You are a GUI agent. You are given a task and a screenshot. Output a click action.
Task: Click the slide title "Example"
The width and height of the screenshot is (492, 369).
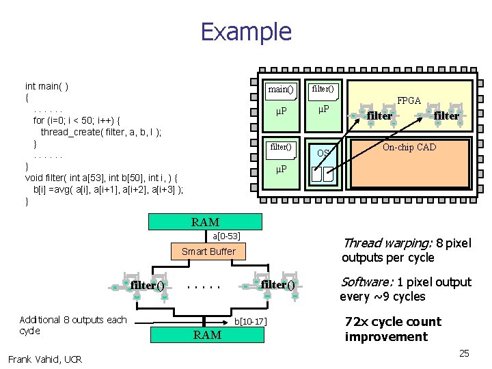tap(246, 32)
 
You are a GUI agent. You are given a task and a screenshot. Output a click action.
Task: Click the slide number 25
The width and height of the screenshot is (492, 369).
tap(464, 353)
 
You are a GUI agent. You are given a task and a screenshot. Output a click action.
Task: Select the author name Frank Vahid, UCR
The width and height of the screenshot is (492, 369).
tap(45, 359)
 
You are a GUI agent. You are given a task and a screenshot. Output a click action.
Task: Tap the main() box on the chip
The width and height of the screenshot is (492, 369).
tap(281, 89)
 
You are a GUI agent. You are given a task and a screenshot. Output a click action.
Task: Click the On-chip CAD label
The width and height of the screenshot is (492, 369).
tap(409, 147)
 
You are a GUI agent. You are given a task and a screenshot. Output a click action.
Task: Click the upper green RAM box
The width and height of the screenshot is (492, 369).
tap(205, 222)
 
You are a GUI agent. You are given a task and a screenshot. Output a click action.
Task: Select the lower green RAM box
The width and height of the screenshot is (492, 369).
tap(207, 335)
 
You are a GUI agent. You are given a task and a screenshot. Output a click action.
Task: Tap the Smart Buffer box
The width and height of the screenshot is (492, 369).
tap(208, 251)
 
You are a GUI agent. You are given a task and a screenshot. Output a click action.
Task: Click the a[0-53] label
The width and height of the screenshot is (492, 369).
tap(226, 236)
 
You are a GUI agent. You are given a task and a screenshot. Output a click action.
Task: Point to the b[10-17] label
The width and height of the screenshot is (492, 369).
tap(250, 320)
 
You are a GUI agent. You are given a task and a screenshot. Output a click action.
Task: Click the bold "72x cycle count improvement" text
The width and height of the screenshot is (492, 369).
tap(393, 329)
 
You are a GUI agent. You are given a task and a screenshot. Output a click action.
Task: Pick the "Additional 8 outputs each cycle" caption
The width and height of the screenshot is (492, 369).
tap(73, 325)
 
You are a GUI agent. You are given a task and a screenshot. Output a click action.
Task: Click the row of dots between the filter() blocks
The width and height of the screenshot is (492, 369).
tap(204, 286)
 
